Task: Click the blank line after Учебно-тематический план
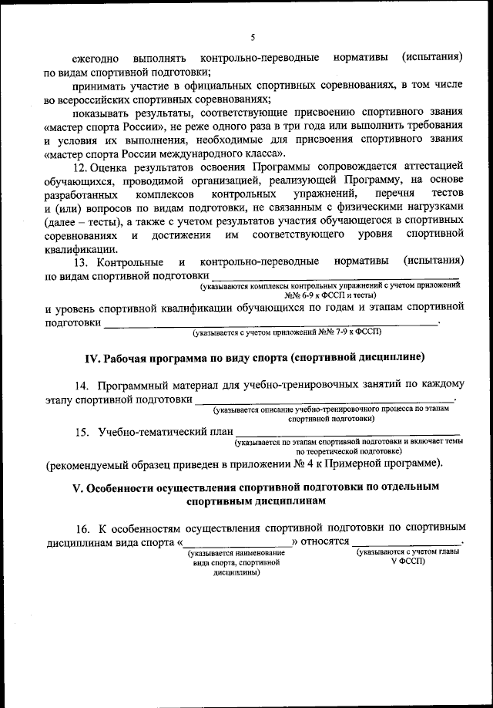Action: point(347,434)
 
